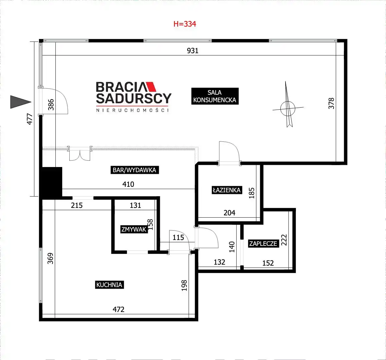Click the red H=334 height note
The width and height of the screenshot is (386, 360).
[x=185, y=24]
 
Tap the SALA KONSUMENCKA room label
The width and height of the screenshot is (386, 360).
[x=215, y=96]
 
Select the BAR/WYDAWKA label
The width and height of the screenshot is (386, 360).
[x=135, y=170]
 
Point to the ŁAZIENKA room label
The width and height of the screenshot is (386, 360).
[x=227, y=190]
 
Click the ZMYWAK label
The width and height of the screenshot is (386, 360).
[x=134, y=229]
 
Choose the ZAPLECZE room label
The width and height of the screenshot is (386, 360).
[x=263, y=244]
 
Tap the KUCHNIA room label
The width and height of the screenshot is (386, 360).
[x=109, y=285]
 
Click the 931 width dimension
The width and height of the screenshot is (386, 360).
[x=193, y=51]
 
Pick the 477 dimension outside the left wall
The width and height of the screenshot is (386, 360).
[x=29, y=119]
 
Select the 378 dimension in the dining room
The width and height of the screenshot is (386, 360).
[x=331, y=103]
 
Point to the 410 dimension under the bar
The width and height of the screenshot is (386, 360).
[x=128, y=184]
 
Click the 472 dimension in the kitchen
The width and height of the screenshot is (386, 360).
[x=118, y=309]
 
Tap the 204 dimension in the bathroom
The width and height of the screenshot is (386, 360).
[x=229, y=213]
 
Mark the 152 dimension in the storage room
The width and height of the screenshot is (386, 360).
[x=268, y=263]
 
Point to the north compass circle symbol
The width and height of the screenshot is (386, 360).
[x=287, y=108]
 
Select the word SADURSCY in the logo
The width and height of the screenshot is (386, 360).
[x=134, y=98]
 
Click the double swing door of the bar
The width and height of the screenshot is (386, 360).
[x=79, y=154]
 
